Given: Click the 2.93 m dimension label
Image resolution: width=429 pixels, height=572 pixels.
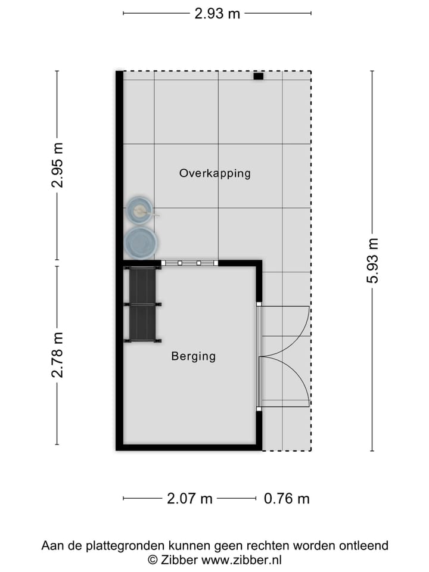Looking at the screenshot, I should point(217,13).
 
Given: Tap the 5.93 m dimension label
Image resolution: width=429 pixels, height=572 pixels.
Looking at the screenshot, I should point(372,260).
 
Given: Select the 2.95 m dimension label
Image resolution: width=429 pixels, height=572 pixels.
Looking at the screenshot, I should point(57,165).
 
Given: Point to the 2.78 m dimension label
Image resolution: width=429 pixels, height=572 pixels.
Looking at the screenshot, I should point(57,355).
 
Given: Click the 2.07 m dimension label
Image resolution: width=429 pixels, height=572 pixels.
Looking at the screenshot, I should point(189,499).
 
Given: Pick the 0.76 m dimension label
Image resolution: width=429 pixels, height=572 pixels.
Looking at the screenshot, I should point(287,499).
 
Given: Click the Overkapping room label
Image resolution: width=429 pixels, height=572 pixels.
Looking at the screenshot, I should point(214,173).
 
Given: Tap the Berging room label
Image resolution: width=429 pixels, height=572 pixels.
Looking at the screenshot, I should point(193,356).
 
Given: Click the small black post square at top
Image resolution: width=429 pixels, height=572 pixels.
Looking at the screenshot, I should point(258,76).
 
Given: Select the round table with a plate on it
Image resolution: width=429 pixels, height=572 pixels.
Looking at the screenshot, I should point(140,210).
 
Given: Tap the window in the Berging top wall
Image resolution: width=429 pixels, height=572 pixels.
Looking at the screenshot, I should point(189,263).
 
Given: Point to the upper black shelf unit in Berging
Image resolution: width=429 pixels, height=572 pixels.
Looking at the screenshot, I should point(142,286).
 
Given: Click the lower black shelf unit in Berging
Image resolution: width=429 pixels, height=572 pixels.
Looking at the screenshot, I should point(142,322).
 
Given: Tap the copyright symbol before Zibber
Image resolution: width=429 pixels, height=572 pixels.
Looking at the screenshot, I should point(153,560).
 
